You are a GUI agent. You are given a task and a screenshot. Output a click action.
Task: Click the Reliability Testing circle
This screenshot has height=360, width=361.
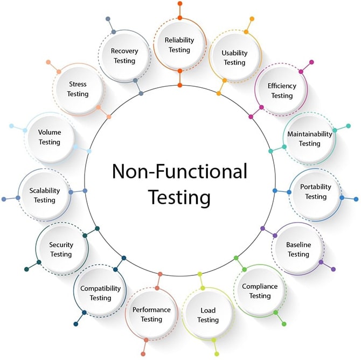[179, 45]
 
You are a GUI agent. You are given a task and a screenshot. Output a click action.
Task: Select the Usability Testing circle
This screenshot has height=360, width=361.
[234, 58]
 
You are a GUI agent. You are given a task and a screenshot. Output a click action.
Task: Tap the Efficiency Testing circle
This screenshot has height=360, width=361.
[282, 91]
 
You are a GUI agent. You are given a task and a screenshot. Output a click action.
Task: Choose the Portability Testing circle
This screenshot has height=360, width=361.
[316, 191]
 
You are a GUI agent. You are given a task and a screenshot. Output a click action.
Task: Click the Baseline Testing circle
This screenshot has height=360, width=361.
[298, 249]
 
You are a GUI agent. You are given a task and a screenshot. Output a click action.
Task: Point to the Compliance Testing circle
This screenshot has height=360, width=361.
[260, 291]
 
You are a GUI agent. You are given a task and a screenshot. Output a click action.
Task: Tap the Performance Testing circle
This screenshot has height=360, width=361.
[151, 314]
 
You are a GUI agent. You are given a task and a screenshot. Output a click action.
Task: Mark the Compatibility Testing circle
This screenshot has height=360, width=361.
[100, 293]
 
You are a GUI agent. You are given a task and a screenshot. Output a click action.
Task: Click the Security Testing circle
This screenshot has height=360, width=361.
[61, 250]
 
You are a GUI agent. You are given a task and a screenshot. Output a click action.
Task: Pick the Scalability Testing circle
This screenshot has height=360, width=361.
[44, 195]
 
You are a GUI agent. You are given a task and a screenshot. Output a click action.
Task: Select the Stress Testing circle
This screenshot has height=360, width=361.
[78, 89]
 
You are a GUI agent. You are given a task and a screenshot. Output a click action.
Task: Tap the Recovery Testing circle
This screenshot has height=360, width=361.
[124, 56]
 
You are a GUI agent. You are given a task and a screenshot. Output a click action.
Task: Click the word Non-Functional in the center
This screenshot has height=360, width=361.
[179, 171]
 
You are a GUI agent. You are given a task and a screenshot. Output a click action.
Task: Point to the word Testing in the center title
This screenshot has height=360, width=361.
[179, 197]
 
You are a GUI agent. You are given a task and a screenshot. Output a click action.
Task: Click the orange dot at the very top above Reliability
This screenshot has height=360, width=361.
[179, 4]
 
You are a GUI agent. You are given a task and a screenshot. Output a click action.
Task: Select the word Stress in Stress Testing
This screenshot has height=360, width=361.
[78, 84]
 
